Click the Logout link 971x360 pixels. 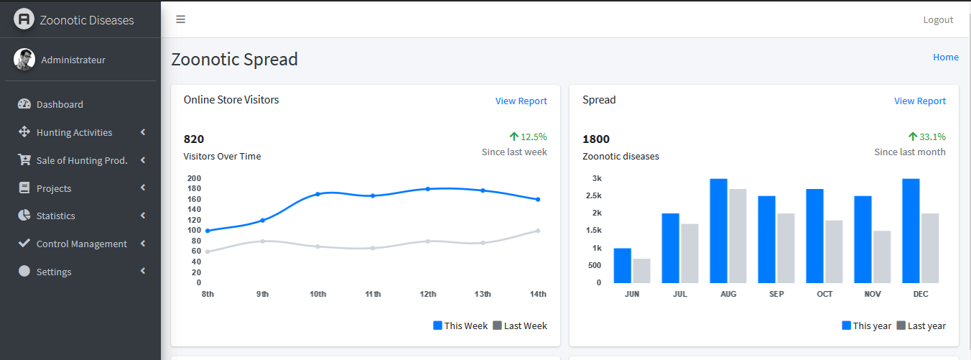tap(938, 19)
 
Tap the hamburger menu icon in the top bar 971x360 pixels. tap(181, 19)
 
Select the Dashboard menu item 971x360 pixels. tap(60, 104)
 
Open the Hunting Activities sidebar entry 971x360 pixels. tap(74, 132)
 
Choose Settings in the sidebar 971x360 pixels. tap(54, 272)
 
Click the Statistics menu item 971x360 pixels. tap(55, 216)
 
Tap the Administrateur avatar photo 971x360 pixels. tap(24, 60)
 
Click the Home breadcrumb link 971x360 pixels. tap(946, 57)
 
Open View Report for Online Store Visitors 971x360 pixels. tap(521, 101)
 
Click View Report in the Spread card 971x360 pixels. tap(919, 101)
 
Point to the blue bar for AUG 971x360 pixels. tap(718, 231)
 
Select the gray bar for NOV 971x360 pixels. tap(882, 257)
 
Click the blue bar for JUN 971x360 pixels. tap(623, 265)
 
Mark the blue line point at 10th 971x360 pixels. tap(317, 194)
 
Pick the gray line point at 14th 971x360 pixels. tap(538, 231)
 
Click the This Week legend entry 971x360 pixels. tap(460, 326)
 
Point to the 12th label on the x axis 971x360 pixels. tap(428, 294)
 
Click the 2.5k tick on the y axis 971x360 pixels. tap(593, 195)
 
